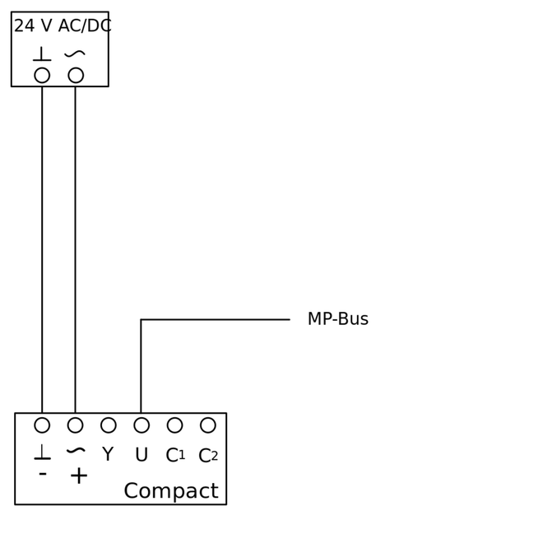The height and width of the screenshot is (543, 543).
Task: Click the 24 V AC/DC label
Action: coord(63,26)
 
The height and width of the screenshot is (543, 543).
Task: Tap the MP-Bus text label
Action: coord(337,319)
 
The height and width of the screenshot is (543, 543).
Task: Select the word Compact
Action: coord(170,491)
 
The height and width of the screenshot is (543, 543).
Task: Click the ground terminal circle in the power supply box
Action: coord(42,75)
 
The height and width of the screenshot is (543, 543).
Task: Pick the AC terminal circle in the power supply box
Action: coord(76,75)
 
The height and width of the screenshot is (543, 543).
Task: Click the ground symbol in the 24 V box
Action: coord(42,54)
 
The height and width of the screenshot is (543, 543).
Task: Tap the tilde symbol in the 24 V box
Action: coord(75,54)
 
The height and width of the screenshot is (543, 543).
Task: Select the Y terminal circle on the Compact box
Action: coord(109,425)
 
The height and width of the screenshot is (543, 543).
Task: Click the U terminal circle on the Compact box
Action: coord(142,425)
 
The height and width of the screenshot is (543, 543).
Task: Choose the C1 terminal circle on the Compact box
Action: coord(174,425)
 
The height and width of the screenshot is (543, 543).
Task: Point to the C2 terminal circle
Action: coord(208,425)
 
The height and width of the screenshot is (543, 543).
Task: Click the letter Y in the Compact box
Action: coord(108,455)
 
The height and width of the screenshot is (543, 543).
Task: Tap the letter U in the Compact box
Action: coord(142,456)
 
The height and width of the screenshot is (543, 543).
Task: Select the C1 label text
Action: coord(175,456)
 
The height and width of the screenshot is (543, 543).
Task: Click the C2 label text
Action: coord(208,456)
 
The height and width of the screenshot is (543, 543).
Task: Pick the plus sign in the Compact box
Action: coord(79,476)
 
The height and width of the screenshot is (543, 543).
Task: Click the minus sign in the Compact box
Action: coord(43,475)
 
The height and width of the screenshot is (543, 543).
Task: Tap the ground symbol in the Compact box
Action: coord(42,452)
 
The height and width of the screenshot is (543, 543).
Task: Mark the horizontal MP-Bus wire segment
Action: coord(215,319)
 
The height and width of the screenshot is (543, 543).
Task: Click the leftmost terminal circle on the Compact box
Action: coord(42,425)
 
